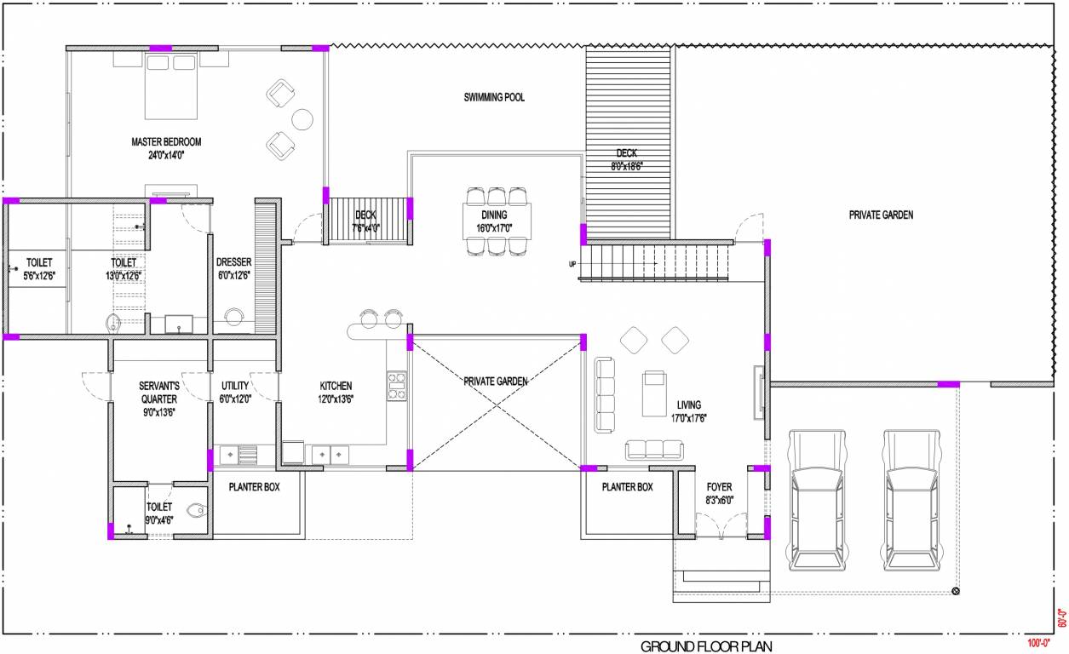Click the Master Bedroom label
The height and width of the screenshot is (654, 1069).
pos(166,142)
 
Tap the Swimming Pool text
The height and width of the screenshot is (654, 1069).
pos(494,98)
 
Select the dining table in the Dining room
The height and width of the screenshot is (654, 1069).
pos(497,221)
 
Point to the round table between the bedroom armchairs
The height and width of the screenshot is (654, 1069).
pos(302,119)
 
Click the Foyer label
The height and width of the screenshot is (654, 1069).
pos(719,487)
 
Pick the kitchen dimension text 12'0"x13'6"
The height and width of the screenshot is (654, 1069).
pos(336,399)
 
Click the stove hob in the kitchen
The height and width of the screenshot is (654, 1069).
pos(397,385)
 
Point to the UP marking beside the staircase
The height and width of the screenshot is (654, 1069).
pos(572,264)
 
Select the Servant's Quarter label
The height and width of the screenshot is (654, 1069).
pos(158,392)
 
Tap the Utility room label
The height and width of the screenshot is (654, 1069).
pos(235,386)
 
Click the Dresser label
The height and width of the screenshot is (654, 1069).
pos(233,262)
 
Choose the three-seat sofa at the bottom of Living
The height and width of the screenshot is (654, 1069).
pos(653,450)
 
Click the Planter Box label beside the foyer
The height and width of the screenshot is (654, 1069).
pos(627,487)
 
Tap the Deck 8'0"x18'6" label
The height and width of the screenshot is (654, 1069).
pos(627,153)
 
